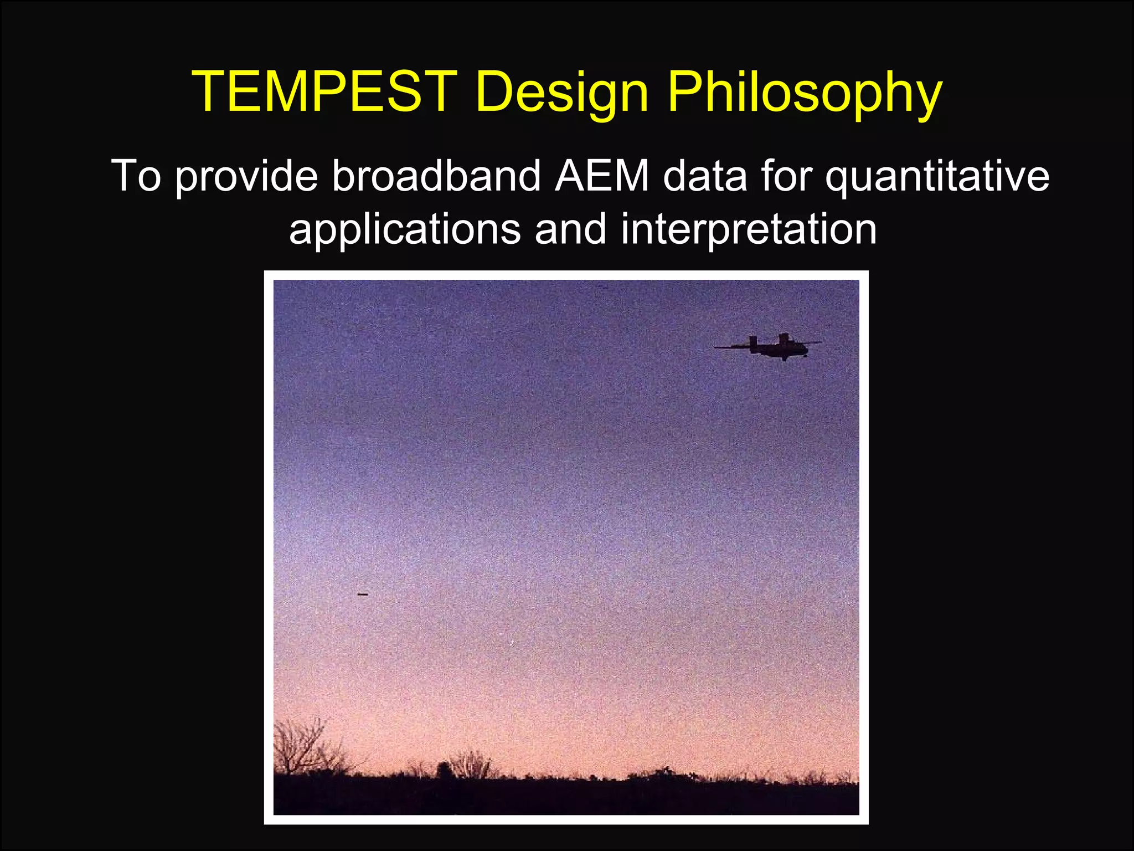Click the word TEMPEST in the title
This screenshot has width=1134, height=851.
point(323,92)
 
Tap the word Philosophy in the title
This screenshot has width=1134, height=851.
point(803,92)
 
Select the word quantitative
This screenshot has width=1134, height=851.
point(937,176)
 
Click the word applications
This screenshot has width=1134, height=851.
point(405,229)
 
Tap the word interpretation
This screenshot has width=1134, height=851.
point(749,229)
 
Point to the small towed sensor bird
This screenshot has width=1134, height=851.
point(363,594)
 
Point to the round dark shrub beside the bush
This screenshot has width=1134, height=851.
point(444,770)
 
